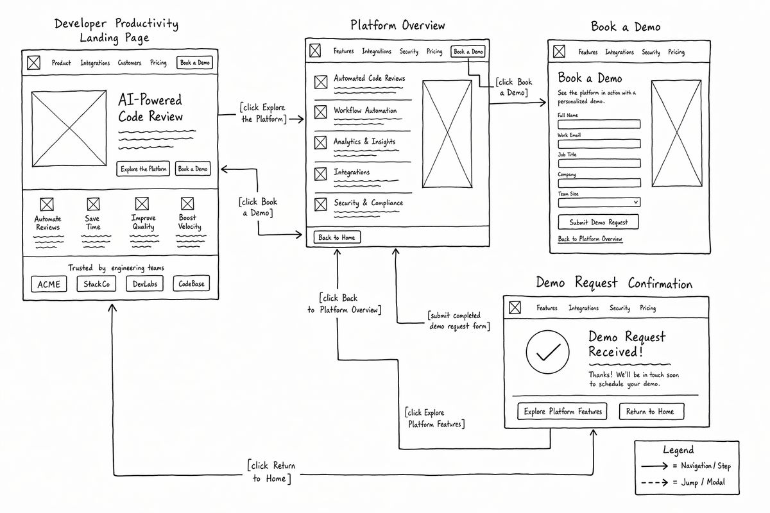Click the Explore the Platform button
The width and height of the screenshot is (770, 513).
(x=143, y=169)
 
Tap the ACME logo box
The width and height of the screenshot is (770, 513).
(x=49, y=284)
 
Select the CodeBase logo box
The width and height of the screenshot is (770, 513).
(x=191, y=283)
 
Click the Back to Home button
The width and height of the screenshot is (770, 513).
(x=337, y=237)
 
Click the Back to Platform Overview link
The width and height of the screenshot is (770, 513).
(x=590, y=239)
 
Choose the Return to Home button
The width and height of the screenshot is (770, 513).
(x=651, y=411)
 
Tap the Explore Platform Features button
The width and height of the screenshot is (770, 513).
(x=562, y=411)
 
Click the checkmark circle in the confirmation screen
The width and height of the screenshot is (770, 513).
(x=547, y=352)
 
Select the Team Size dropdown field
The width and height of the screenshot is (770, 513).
(x=599, y=203)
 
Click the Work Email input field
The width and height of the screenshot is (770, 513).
(x=599, y=144)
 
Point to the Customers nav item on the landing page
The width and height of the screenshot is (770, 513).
(x=130, y=63)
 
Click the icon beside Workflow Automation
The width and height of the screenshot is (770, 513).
(x=321, y=112)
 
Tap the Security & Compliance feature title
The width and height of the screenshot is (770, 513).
(x=368, y=203)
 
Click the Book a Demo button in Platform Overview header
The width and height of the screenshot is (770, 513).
(x=468, y=51)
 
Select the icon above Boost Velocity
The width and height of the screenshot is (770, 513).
(x=187, y=203)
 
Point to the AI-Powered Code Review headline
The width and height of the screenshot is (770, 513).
(x=150, y=108)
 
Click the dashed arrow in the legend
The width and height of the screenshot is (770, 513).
(x=654, y=482)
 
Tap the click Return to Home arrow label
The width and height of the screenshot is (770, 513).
(x=271, y=472)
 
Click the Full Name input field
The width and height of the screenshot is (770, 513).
(x=599, y=124)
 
